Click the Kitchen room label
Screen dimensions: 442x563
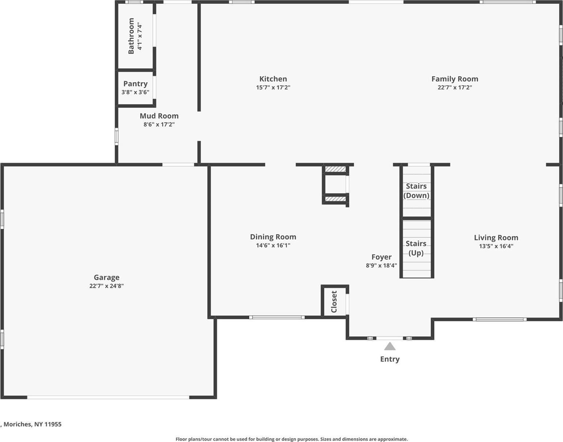point(273,79)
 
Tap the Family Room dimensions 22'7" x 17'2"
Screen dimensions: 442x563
point(455,87)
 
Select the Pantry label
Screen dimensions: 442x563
point(135,84)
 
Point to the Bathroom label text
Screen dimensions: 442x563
point(131,36)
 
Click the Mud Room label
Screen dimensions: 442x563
point(159,116)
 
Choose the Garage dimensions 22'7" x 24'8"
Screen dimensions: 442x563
point(106,286)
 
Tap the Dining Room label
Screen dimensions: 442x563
point(273,237)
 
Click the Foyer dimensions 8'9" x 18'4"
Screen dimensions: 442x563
point(381,266)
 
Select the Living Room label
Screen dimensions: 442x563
point(496,237)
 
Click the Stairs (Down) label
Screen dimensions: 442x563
point(416,191)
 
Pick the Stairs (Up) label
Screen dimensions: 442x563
point(416,248)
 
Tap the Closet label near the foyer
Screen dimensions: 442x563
point(334,302)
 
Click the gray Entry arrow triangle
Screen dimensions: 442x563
point(390,346)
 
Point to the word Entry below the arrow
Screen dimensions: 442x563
point(390,359)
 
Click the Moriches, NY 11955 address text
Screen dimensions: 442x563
point(32,424)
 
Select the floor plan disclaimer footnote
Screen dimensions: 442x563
point(291,439)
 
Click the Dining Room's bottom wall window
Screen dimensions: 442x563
point(277,317)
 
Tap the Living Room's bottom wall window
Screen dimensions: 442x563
point(499,319)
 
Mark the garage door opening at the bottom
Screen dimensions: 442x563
point(108,397)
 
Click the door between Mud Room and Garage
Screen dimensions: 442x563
point(178,165)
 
